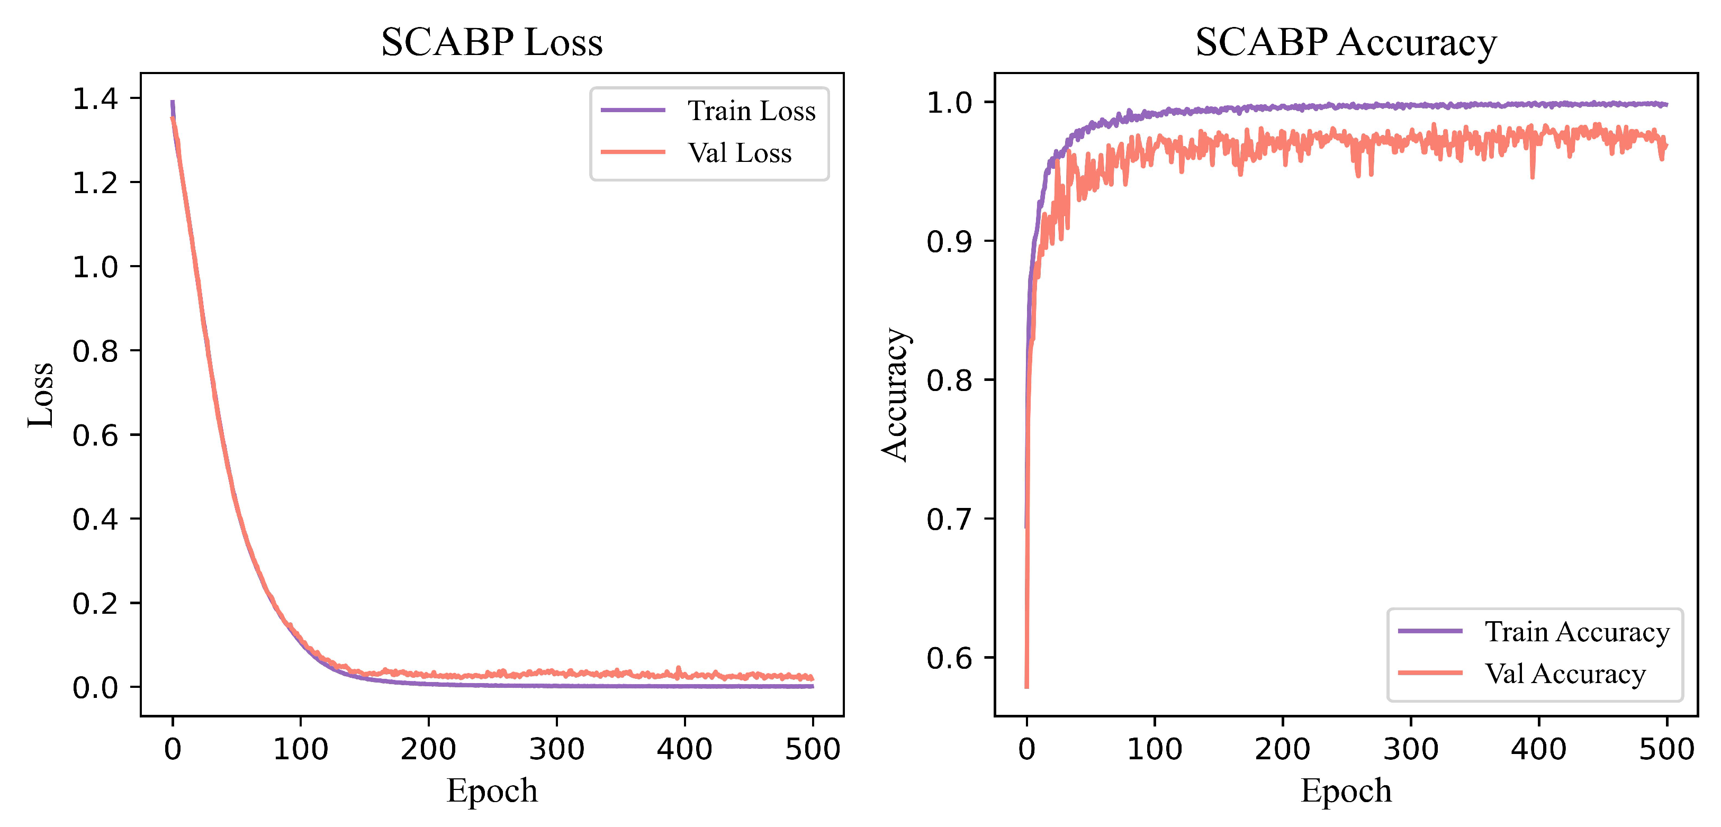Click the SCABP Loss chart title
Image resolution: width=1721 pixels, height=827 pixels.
tap(492, 42)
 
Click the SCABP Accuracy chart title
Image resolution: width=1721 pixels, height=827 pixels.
tap(1346, 42)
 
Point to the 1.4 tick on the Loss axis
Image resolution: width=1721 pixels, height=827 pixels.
tap(95, 99)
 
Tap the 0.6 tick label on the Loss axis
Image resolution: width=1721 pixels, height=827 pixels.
tap(95, 435)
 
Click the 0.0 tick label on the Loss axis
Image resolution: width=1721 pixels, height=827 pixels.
tap(95, 687)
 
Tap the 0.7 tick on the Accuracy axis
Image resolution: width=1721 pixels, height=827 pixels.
tap(949, 519)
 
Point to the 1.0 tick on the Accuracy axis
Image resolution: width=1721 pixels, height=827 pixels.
tap(949, 103)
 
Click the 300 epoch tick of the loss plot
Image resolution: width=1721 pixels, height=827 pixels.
tap(556, 748)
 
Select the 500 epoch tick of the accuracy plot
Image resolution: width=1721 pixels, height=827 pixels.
tap(1666, 748)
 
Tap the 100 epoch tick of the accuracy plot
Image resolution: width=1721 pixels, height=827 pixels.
tap(1155, 748)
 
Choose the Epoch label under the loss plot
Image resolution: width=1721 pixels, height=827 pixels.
tap(492, 791)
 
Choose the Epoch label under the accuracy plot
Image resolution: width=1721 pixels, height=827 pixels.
tap(1346, 791)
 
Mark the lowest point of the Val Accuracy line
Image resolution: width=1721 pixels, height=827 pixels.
tap(1027, 686)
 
